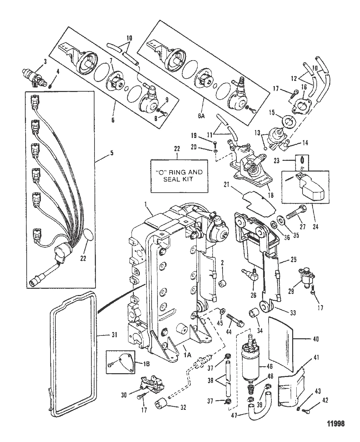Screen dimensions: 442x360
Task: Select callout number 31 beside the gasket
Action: (x=115, y=334)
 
